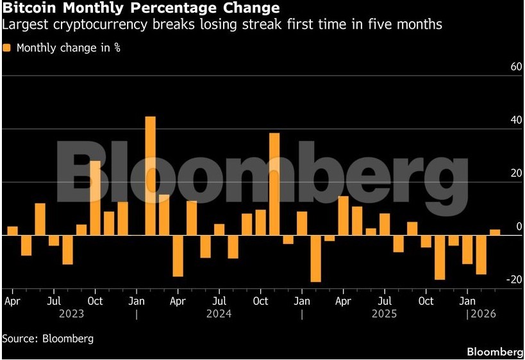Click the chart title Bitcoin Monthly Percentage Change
pyautogui.click(x=141, y=8)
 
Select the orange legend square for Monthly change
pyautogui.click(x=6, y=48)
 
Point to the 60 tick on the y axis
pyautogui.click(x=497, y=67)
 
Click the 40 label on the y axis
pyautogui.click(x=497, y=120)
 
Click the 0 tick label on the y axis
pyautogui.click(x=501, y=227)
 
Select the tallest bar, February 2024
pyautogui.click(x=151, y=176)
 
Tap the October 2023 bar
pyautogui.click(x=95, y=198)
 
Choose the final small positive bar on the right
pyautogui.click(x=494, y=233)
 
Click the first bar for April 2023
pyautogui.click(x=12, y=231)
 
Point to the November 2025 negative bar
pyautogui.click(x=440, y=257)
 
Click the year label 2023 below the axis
pyautogui.click(x=71, y=314)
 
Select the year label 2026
pyautogui.click(x=484, y=314)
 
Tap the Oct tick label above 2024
pyautogui.click(x=260, y=300)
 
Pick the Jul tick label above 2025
pyautogui.click(x=385, y=300)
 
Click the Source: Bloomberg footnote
pyautogui.click(x=47, y=338)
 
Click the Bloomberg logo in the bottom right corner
pyautogui.click(x=495, y=352)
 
